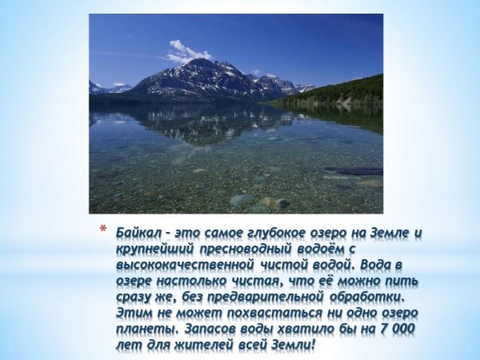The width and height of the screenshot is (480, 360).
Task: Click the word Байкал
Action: pos(138,233)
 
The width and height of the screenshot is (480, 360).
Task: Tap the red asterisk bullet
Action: pos(102,232)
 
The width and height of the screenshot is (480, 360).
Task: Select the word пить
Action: pos(402,282)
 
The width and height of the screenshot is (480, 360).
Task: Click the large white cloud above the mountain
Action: pos(186,53)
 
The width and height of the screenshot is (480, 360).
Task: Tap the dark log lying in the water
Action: pos(352,170)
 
